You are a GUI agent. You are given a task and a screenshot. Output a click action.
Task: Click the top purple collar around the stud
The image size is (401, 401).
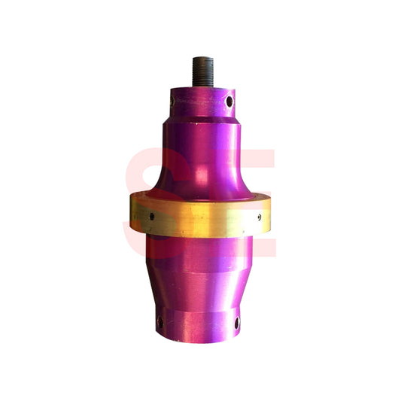[x=201, y=104]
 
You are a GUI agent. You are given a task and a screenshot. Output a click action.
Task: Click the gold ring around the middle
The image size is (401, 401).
[x=201, y=218]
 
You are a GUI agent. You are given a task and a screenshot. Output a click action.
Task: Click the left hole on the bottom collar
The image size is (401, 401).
[x=160, y=323]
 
